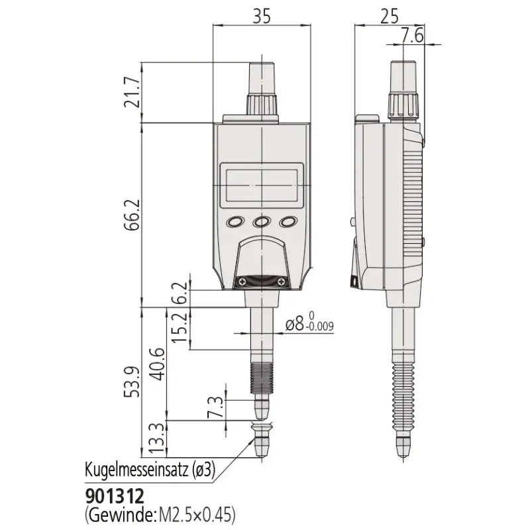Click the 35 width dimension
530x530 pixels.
[x=262, y=15]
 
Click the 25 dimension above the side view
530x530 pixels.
[x=390, y=15]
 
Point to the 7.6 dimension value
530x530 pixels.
[x=412, y=35]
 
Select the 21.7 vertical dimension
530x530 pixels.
[x=132, y=92]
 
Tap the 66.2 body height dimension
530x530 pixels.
[x=132, y=215]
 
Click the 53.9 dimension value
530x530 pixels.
[x=132, y=382]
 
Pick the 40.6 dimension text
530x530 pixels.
[x=158, y=364]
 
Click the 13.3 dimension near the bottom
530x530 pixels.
[x=158, y=439]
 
